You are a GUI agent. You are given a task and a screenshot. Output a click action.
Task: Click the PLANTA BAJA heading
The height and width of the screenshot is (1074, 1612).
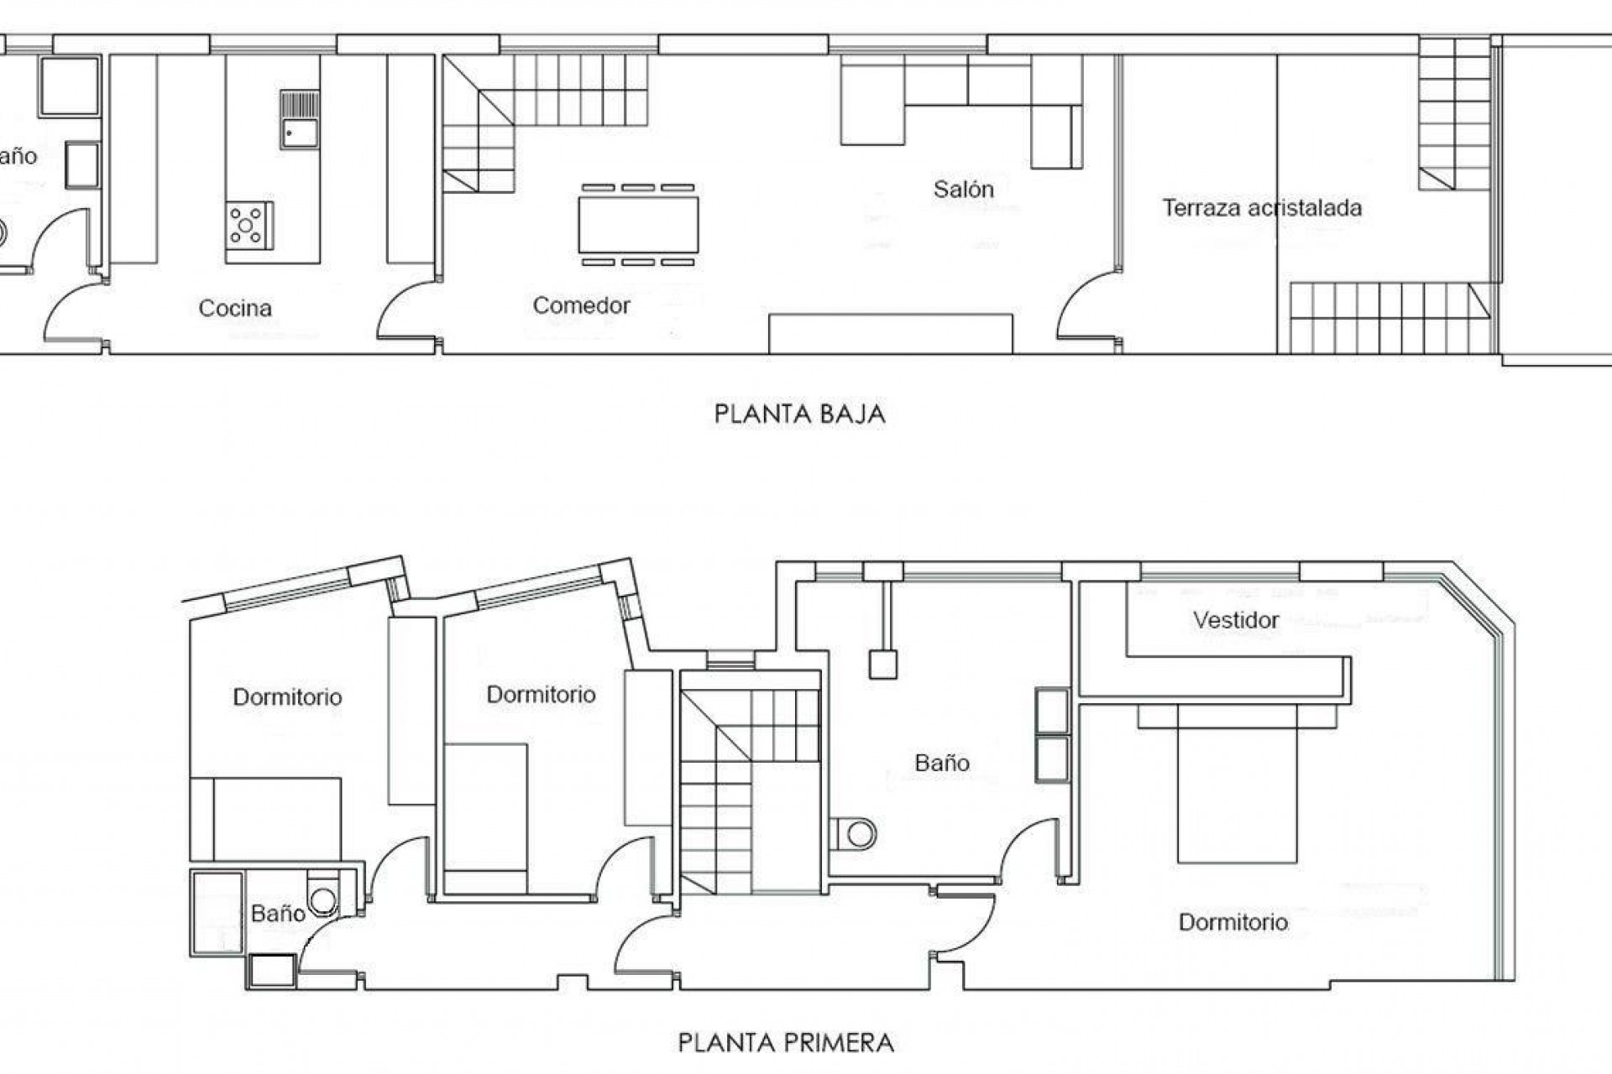coord(799,414)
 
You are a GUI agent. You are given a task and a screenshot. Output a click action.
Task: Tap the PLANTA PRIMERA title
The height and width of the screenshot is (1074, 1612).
coord(786,1043)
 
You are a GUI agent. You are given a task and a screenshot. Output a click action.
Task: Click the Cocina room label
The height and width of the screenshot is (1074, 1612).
coord(235,308)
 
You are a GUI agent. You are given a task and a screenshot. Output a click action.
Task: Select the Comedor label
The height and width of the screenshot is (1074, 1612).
coord(581,305)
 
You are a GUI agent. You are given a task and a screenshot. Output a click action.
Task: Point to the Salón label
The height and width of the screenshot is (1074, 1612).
coord(963,190)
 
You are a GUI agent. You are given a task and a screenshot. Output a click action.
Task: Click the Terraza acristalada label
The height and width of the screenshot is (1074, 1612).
coord(1261,208)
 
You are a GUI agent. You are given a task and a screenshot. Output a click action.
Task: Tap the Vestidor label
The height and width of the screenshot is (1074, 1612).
coord(1236,620)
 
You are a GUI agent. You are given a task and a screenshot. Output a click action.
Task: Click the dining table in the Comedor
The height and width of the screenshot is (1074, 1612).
coord(638,224)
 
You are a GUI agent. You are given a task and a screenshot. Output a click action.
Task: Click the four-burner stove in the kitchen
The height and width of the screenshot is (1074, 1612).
coord(249,225)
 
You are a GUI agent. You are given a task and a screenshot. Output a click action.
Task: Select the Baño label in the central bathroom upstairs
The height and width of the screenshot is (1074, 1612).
coord(942,763)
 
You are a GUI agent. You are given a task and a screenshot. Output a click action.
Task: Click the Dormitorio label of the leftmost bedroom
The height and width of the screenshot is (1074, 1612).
coord(287,697)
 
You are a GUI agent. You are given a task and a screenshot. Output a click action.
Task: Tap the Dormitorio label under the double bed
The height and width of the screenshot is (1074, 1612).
coord(1233,922)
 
